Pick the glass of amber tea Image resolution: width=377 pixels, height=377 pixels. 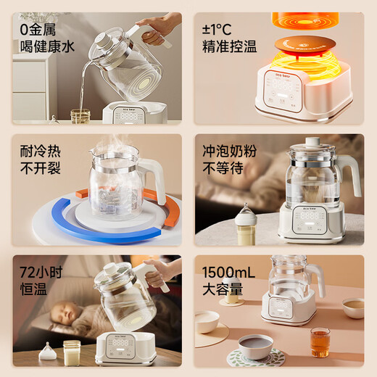coord(320,341)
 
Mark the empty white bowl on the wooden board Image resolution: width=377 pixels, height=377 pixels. coord(207,320)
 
